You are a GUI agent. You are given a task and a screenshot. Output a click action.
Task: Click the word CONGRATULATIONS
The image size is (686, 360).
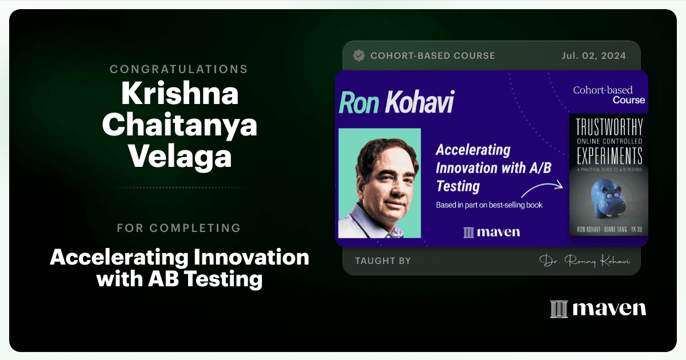[179, 69]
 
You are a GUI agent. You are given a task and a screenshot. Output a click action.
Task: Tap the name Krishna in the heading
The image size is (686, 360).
[180, 93]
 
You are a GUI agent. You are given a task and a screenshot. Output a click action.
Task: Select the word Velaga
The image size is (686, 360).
[180, 156]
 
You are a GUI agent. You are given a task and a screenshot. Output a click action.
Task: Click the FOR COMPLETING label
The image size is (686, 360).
[179, 228]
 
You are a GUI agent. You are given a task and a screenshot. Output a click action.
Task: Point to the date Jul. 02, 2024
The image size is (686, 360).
[593, 56]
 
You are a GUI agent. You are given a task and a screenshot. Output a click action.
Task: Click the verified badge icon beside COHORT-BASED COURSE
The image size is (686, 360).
[359, 56]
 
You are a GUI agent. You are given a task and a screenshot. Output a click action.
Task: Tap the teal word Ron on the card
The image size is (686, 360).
[359, 103]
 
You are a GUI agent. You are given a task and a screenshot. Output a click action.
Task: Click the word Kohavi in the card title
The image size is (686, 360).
[420, 102]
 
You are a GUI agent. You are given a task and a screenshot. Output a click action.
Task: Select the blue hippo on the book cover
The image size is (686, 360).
[608, 198]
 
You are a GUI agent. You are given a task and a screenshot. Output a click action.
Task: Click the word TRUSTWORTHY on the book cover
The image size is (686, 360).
[609, 127]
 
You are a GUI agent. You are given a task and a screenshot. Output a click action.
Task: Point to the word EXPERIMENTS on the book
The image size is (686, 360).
[609, 155]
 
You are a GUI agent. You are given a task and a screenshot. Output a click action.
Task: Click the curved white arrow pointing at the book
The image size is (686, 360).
[542, 189]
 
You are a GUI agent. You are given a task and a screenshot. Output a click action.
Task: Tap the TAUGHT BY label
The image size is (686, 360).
[383, 261]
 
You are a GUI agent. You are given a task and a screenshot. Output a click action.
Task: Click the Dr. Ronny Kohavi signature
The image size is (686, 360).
[585, 261]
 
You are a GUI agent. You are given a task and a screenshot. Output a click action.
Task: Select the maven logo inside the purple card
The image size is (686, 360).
[492, 233]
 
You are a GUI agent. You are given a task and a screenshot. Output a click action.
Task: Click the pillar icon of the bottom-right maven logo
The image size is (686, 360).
[559, 309]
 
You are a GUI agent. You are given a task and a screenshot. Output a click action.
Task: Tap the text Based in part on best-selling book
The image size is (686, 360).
[489, 205]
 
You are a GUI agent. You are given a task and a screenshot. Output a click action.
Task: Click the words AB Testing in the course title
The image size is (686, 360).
[205, 279]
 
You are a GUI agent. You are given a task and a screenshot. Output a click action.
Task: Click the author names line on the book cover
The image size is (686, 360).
[609, 230]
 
